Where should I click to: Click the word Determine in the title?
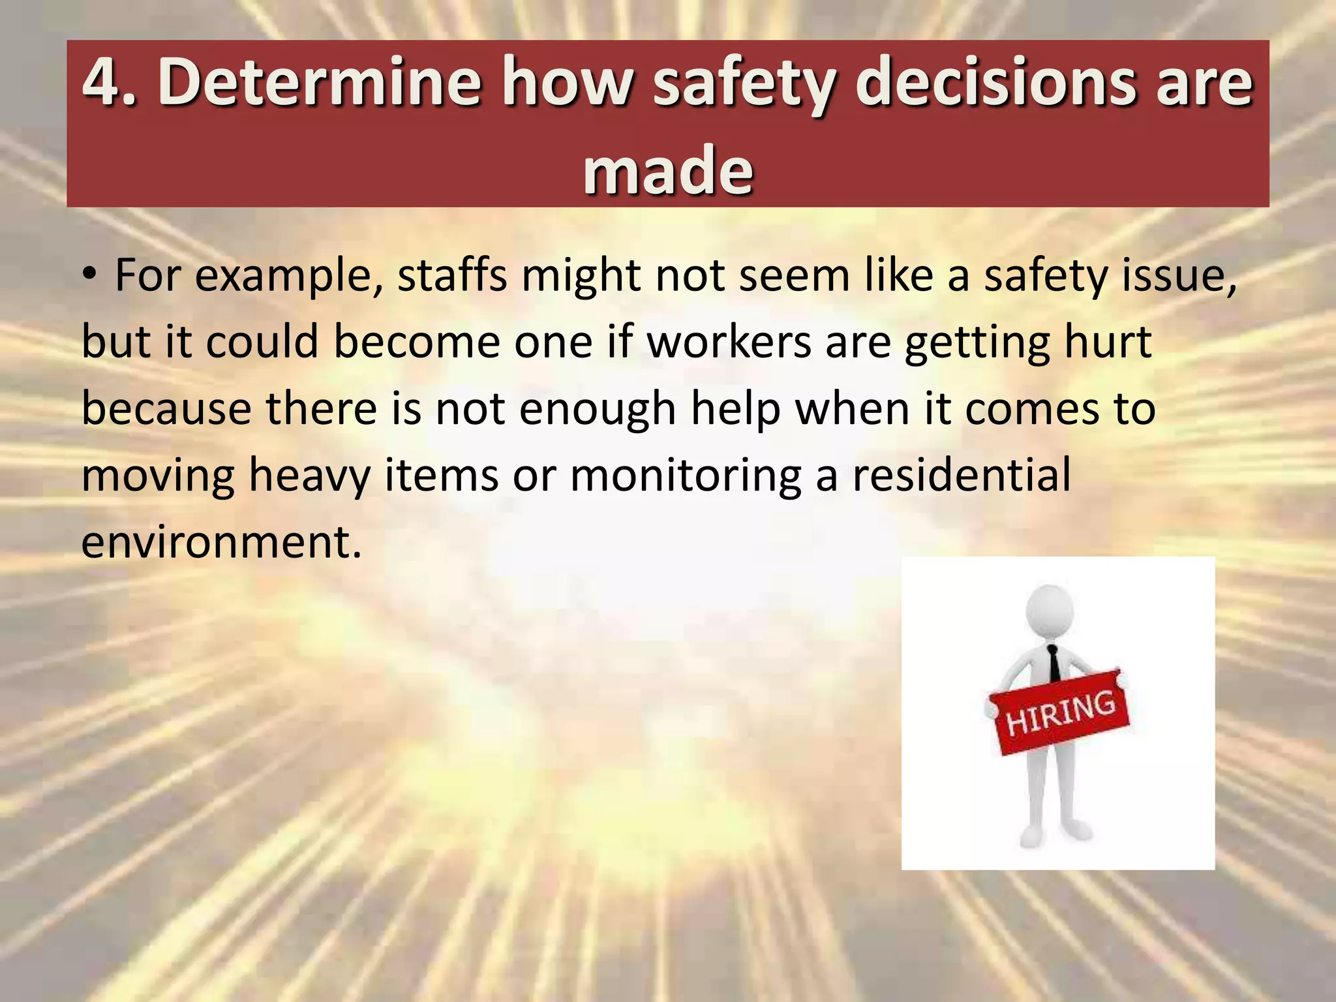click(319, 82)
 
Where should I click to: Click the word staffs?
click(452, 275)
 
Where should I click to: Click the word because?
click(166, 408)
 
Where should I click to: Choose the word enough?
click(597, 410)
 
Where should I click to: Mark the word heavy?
click(310, 476)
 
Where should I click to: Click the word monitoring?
click(686, 476)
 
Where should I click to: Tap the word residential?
click(962, 475)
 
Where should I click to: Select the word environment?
click(220, 541)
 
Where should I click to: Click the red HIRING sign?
click(1060, 712)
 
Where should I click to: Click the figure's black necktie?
click(1054, 663)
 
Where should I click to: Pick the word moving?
click(157, 476)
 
